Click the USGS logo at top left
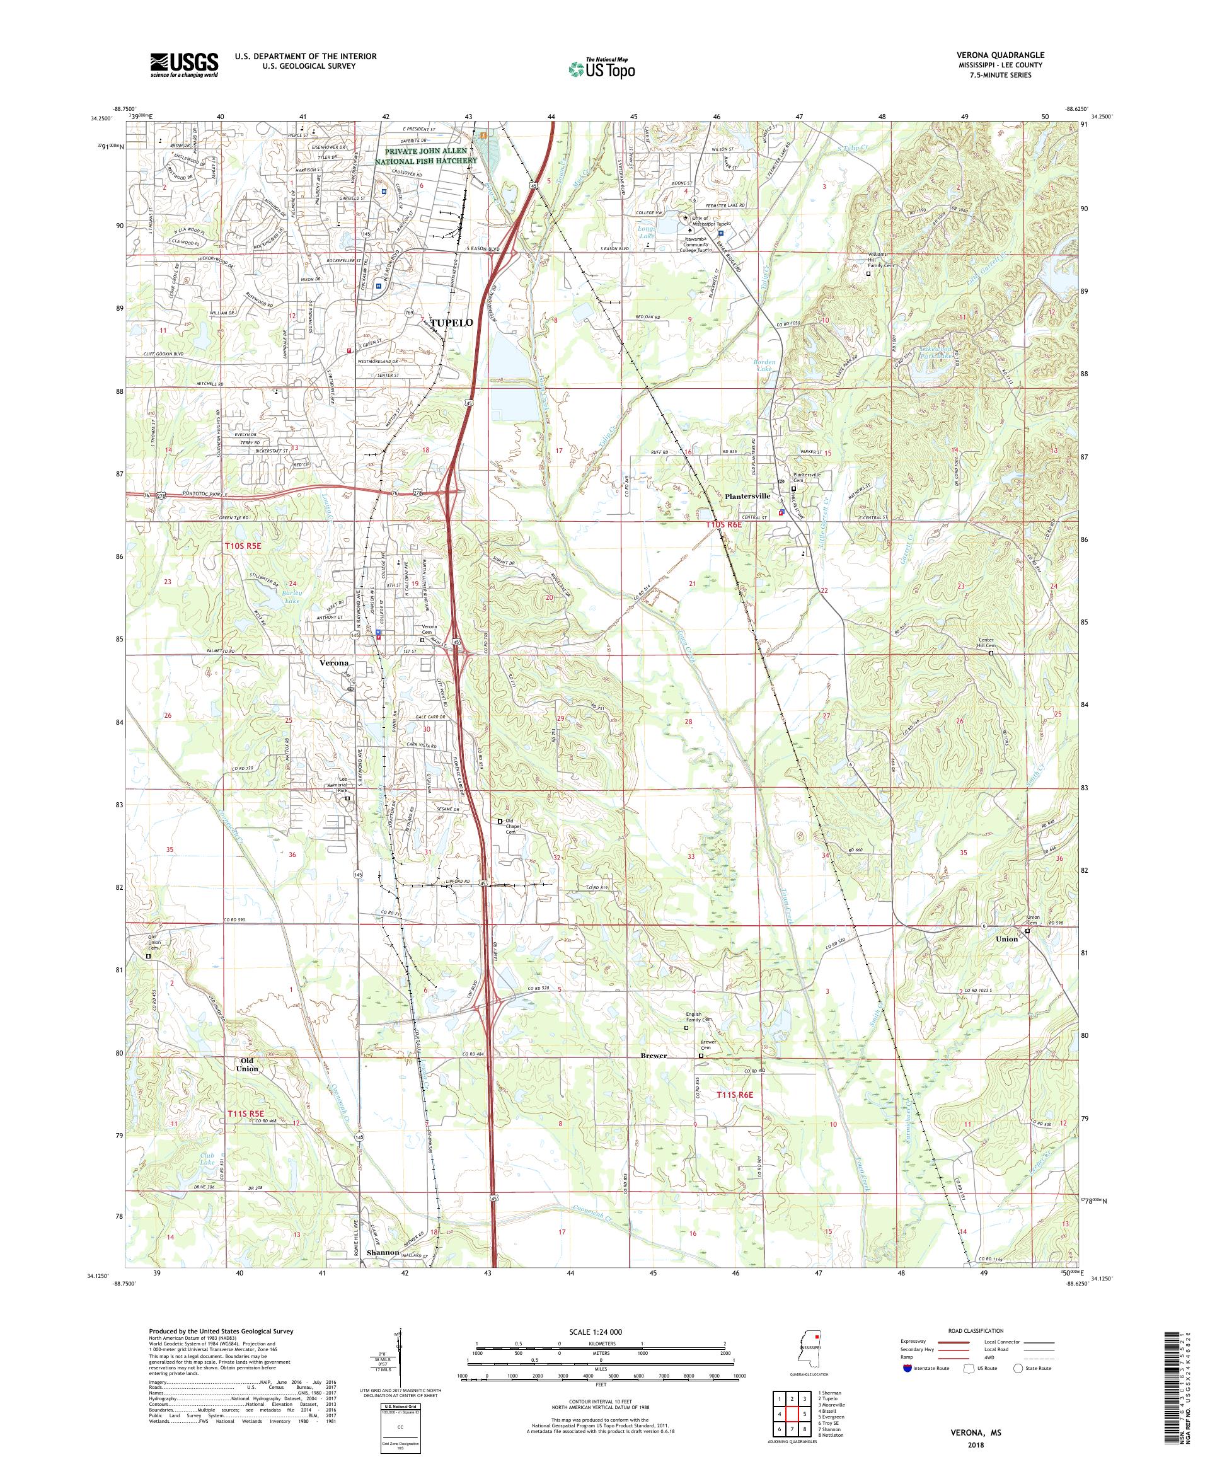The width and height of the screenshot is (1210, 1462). pyautogui.click(x=185, y=66)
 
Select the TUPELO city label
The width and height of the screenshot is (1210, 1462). pyautogui.click(x=452, y=323)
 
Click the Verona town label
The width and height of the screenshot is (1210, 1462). pyautogui.click(x=333, y=663)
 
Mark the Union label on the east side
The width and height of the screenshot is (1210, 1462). pyautogui.click(x=1006, y=938)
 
